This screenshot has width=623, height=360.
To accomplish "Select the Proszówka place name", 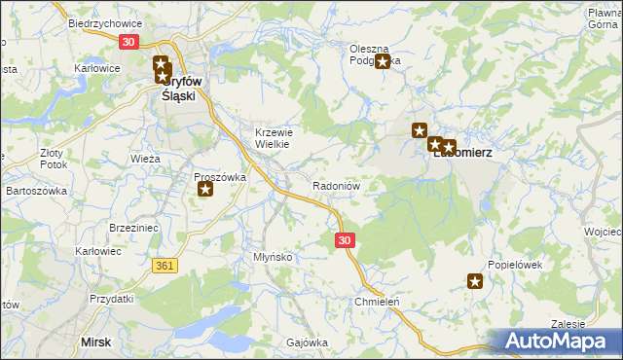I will point(219,177).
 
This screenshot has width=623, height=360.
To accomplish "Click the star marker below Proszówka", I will point(205,189).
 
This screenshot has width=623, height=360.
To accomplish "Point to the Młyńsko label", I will point(273,256).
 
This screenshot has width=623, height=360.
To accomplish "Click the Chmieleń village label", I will point(377,302).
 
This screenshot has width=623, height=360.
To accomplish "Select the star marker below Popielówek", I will point(475,282).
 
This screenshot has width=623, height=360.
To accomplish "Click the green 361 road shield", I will point(164,265).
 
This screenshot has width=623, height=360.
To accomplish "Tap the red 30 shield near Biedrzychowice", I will point(129,42).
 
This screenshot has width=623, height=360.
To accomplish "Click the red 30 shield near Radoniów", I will point(345,239).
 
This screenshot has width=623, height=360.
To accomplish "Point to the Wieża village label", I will point(144,157).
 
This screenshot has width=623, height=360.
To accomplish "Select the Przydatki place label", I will point(110,299).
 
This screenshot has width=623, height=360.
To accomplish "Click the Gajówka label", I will point(306,342).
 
